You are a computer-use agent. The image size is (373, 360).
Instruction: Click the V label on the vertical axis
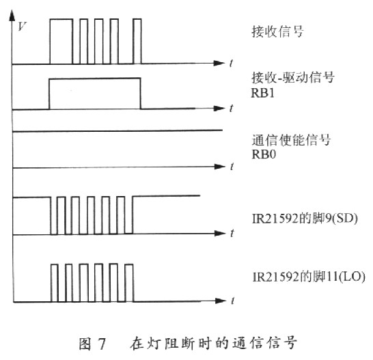pos(22,26)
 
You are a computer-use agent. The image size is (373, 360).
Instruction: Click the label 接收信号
pos(277,31)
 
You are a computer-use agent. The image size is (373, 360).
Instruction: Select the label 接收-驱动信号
pos(293,77)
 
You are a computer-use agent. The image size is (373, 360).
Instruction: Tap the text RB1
pos(262,93)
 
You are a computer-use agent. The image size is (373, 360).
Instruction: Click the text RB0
pos(264,154)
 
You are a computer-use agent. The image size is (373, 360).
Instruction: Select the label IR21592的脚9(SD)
pos(305,219)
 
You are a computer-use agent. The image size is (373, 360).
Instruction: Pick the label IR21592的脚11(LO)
pos(309,277)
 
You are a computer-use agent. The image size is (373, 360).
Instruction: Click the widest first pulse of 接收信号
pos(61,19)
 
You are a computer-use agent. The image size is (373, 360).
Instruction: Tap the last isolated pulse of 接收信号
pos(137,19)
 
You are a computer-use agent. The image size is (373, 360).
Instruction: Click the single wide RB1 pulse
pos(95,79)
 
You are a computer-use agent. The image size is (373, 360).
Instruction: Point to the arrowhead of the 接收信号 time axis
pos(219,63)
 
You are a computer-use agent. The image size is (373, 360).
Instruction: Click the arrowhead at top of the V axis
pos(12,15)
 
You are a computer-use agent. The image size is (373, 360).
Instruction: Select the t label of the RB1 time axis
pos(231,108)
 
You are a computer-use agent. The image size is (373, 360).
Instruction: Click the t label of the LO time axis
pos(232,301)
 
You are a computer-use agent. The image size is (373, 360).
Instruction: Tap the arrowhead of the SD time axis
pos(220,233)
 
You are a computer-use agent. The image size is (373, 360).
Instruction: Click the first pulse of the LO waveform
pos(55,264)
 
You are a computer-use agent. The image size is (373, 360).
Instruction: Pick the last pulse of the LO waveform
pos(129,264)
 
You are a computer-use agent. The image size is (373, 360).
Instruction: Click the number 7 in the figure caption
pos(102,344)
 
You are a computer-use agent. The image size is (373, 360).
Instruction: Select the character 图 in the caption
pos(85,344)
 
